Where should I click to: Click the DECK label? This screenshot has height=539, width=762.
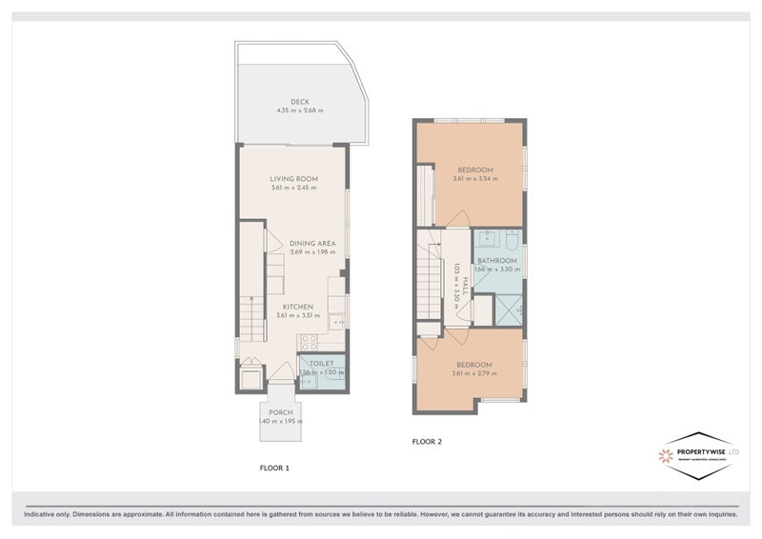300,103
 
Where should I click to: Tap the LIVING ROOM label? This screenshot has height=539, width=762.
293,179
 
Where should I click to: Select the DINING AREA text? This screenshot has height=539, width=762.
312,244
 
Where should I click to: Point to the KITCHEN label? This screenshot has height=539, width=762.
297,307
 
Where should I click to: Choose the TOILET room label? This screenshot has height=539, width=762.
322,364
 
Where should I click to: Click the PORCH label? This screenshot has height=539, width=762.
280,412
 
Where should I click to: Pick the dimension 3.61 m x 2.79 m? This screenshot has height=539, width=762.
473,373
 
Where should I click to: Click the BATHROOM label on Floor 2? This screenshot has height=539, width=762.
496,261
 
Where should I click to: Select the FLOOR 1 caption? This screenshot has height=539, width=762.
274,468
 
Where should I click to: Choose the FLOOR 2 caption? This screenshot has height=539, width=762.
427,441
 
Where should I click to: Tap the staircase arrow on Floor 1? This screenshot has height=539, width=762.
250,309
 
